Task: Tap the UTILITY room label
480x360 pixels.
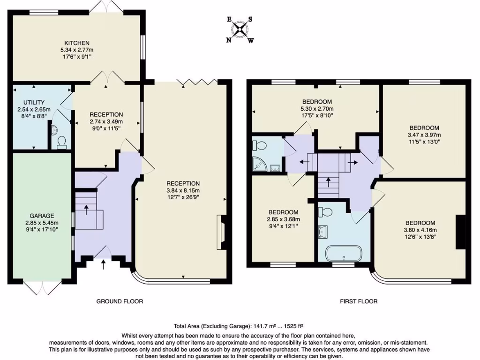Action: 34,102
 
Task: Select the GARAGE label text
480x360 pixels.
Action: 42,216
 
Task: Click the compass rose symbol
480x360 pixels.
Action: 240,30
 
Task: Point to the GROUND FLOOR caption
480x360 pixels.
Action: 120,301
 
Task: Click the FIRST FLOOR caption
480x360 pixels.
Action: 359,301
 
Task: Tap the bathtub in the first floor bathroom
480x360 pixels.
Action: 345,254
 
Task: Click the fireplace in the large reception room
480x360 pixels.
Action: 219,232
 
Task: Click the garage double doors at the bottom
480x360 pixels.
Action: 42,287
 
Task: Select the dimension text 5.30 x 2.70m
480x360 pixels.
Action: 317,109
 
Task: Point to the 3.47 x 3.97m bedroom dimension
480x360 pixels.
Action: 424,135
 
